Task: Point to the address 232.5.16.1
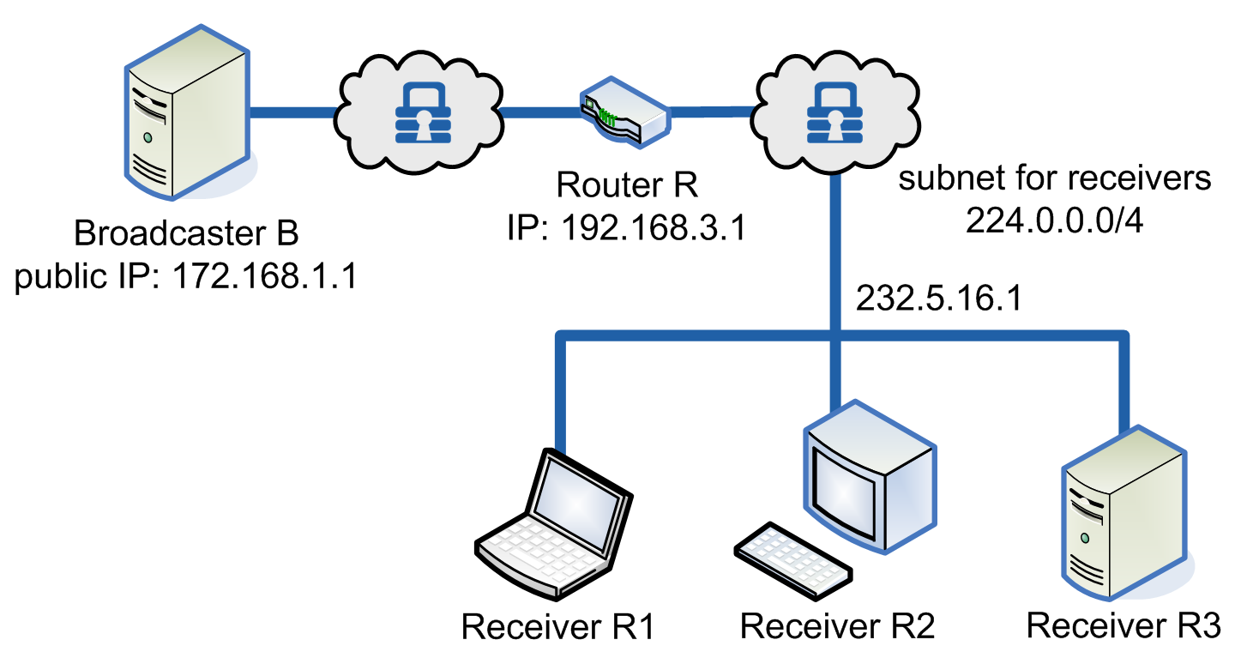(939, 300)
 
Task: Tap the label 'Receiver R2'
(837, 625)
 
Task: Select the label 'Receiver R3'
(1123, 625)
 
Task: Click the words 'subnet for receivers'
(1054, 178)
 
